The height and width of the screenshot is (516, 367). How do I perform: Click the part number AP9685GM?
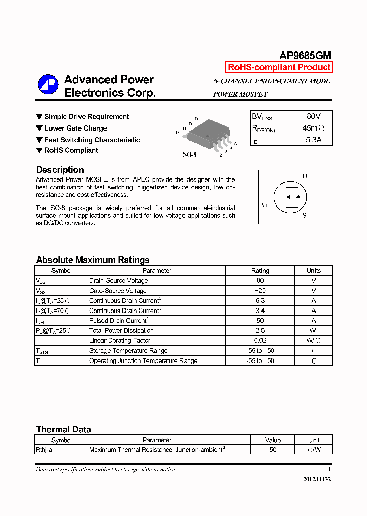click(305, 56)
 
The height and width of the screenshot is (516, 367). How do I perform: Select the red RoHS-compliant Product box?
click(279, 67)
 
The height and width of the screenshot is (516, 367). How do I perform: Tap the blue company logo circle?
click(48, 86)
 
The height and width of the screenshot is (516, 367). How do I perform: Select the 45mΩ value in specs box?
click(312, 128)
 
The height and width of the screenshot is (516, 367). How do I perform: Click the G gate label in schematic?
click(264, 204)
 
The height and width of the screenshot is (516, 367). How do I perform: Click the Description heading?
click(60, 170)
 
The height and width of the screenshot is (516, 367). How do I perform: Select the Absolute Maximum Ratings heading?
click(93, 260)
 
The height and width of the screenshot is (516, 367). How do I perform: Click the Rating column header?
click(260, 271)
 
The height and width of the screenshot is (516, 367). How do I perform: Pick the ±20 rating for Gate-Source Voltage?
click(260, 291)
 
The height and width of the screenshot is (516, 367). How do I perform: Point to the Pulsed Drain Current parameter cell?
click(118, 321)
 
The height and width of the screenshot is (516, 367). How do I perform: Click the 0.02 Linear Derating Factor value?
click(260, 341)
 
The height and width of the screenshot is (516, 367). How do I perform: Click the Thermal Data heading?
click(63, 429)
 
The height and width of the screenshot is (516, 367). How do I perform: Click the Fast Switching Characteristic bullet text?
click(92, 140)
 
